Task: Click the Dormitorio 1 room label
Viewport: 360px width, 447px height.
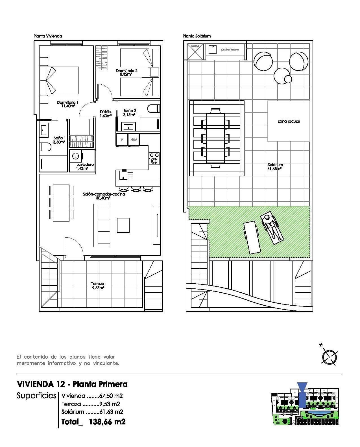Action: point(67,102)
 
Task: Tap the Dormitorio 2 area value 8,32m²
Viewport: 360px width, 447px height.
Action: point(126,74)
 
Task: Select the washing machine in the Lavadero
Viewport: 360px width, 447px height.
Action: point(75,156)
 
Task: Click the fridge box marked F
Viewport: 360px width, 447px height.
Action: point(122,140)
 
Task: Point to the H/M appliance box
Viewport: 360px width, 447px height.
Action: point(134,140)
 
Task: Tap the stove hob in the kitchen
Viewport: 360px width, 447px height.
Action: point(154,159)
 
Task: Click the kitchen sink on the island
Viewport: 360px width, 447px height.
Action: point(123,175)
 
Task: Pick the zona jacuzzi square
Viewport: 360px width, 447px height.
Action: point(288,121)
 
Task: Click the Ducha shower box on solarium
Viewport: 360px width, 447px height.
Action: point(195,51)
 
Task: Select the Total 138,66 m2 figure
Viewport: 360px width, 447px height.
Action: point(93,422)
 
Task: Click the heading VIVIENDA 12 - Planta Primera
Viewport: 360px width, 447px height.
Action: point(72,384)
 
